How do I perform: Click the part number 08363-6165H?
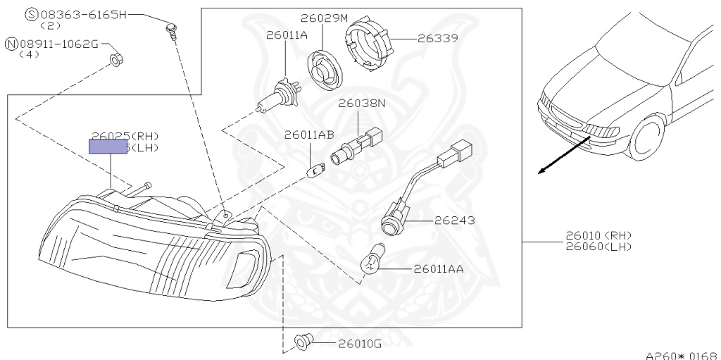(83, 14)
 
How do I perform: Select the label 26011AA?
(443, 268)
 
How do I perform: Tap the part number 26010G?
(359, 344)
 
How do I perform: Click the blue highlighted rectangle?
(108, 146)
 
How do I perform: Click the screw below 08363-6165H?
(171, 30)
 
